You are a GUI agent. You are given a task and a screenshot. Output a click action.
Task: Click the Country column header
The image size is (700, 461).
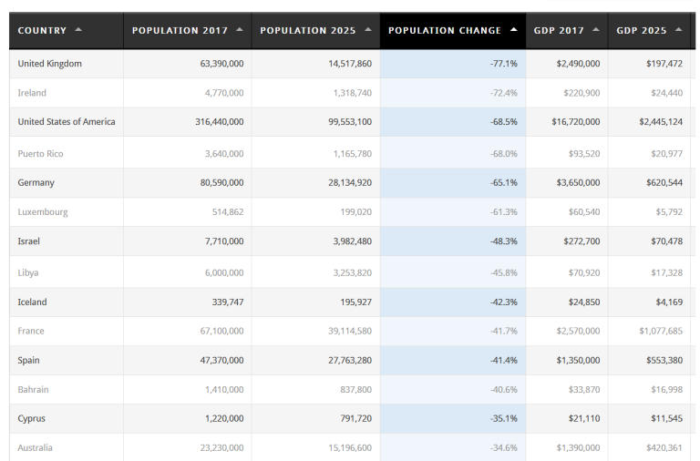pos(43,30)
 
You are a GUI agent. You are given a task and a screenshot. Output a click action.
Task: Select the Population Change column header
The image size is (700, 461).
pos(445,30)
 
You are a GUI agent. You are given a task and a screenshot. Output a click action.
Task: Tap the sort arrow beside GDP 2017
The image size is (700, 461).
pos(596,30)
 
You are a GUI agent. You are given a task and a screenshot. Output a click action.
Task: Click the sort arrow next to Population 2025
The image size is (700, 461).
pos(367,30)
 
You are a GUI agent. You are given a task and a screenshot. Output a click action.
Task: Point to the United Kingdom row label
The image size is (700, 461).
pos(50,64)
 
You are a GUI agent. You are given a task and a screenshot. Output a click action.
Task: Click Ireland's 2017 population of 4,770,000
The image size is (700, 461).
pos(223,93)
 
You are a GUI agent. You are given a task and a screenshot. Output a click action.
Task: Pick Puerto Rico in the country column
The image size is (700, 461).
pos(41,154)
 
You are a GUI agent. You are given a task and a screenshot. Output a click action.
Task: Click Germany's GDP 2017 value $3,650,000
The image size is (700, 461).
pos(578,183)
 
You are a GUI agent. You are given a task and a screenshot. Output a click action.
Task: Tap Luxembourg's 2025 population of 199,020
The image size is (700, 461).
pos(353,212)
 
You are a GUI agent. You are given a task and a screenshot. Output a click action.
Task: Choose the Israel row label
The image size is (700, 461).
pos(29,241)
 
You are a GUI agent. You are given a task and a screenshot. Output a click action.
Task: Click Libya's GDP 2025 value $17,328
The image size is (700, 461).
pos(664,272)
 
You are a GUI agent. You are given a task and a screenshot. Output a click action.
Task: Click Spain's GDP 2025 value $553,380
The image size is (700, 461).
pos(661,361)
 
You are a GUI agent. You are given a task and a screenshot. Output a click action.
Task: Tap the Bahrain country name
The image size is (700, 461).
pos(34,390)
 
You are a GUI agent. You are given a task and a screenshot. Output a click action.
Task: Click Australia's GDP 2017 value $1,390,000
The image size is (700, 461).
pos(578,448)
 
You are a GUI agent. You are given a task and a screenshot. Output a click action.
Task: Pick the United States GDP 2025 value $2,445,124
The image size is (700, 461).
pos(657,122)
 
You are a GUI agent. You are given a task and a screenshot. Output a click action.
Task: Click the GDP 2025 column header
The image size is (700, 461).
pos(642,30)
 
